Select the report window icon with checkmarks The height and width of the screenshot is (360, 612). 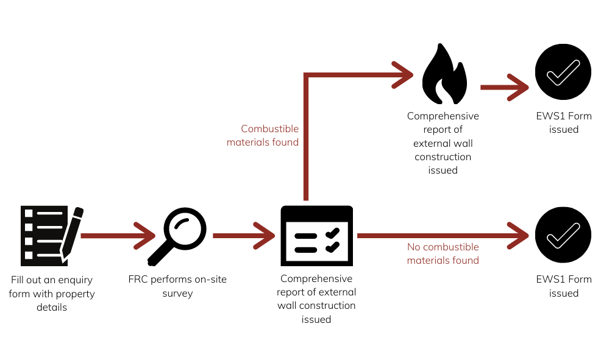(x=316, y=235)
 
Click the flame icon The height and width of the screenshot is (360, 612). (x=445, y=76)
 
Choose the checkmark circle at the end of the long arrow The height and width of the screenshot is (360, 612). (x=563, y=235)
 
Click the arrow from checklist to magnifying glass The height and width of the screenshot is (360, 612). (x=116, y=235)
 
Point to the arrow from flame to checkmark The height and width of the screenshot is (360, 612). (x=503, y=87)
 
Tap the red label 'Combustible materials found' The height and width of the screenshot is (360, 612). (x=263, y=135)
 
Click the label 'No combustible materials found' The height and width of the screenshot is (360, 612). (x=443, y=253)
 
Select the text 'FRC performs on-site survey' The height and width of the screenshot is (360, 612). (x=177, y=286)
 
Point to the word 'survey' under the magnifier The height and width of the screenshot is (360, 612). (x=177, y=294)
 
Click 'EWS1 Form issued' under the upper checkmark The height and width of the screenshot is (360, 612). (x=563, y=122)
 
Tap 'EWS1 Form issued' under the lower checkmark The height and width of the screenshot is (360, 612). (x=563, y=286)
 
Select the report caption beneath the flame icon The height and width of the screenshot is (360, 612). (x=443, y=143)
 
